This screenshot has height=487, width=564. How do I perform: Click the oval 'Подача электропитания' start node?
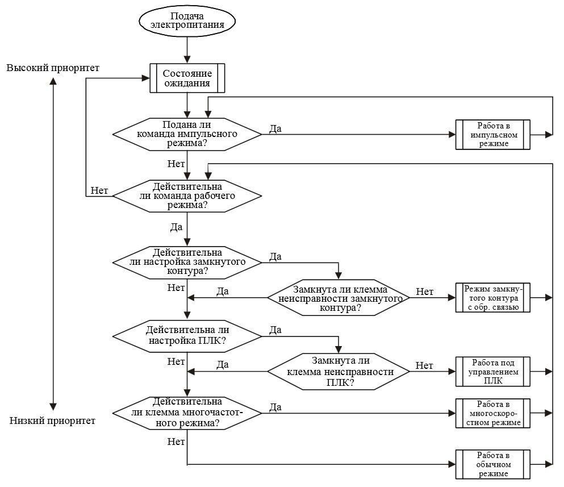point(187,20)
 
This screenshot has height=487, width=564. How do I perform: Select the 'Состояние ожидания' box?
point(187,78)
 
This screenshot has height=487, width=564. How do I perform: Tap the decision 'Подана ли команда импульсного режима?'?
point(187,134)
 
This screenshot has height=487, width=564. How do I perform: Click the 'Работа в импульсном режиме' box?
point(493,135)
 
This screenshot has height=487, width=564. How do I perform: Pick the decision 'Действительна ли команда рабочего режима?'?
point(187,195)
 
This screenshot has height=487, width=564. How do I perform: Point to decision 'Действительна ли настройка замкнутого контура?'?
point(187,262)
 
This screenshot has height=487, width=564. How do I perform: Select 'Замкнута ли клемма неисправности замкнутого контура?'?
point(339,298)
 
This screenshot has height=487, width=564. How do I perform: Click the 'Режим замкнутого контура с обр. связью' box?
point(493,298)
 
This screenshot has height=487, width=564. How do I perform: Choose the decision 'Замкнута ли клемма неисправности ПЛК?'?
point(339,371)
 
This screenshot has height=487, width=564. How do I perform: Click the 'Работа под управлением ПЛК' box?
point(493,372)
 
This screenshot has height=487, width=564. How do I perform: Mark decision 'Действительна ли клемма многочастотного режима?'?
point(187,413)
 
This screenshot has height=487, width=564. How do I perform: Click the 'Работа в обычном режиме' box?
point(493,464)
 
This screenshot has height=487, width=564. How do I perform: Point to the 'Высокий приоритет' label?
point(53,68)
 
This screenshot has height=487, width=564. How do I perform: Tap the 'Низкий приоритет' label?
point(53,421)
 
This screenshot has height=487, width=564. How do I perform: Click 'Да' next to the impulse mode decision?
point(275,128)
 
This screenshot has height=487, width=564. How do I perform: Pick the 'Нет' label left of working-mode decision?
point(99,190)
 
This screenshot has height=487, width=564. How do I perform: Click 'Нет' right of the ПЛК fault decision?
point(424,365)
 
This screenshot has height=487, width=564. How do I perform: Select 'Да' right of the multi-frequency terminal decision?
point(276,407)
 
